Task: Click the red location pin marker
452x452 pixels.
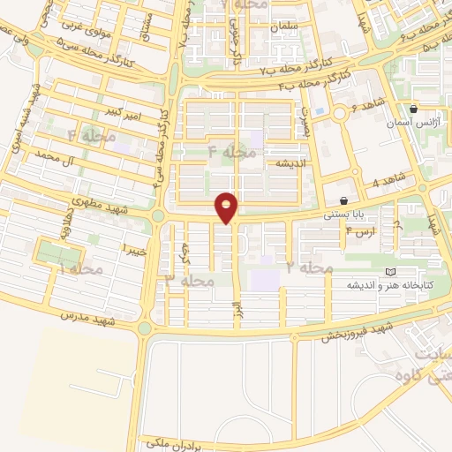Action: (x=227, y=207)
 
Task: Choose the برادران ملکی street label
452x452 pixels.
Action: (x=168, y=441)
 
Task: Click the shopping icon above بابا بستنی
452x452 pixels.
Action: (x=343, y=201)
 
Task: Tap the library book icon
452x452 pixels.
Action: (x=392, y=272)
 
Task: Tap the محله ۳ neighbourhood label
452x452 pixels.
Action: (x=191, y=281)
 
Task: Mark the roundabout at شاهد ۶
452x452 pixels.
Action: (x=340, y=114)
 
